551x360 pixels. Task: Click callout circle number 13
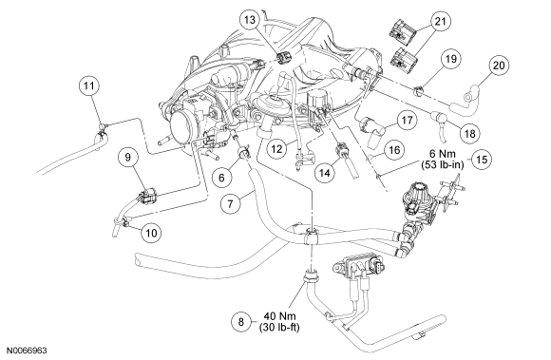(250, 20)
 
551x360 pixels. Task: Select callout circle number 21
(440, 22)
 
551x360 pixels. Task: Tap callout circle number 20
(499, 66)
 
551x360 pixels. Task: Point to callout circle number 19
(450, 58)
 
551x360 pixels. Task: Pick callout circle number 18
(470, 134)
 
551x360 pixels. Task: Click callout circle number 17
(407, 121)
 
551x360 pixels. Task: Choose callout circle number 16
(394, 150)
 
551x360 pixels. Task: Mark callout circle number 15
(482, 160)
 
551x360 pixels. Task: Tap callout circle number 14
(325, 173)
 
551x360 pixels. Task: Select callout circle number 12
(276, 149)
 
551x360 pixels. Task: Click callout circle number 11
(89, 85)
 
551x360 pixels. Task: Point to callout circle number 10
(151, 233)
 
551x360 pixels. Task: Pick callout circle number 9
(127, 157)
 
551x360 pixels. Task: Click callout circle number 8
(241, 322)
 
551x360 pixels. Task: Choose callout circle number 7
(230, 203)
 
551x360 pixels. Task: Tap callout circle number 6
(221, 178)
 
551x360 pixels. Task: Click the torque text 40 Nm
(279, 315)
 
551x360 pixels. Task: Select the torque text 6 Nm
(443, 154)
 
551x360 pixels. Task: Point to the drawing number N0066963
(27, 351)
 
